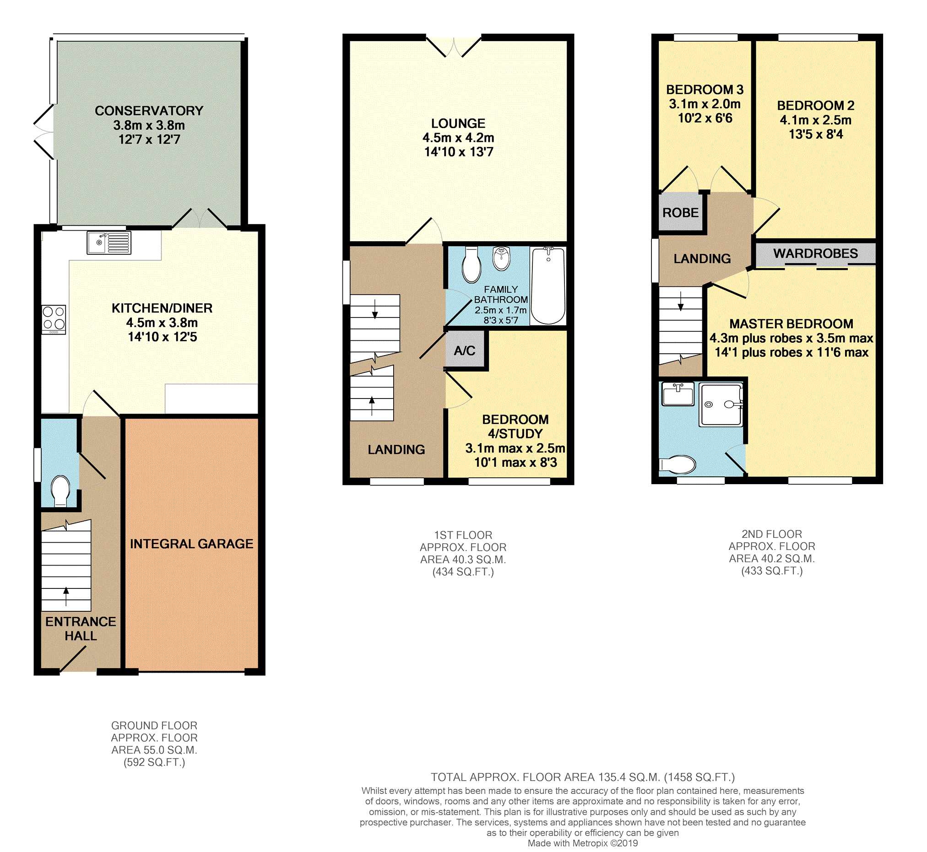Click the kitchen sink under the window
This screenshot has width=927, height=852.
[x=109, y=243]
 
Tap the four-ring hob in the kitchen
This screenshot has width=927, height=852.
[x=54, y=319]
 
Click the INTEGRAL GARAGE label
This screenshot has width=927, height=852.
[x=191, y=544]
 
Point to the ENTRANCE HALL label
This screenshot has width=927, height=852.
[x=80, y=628]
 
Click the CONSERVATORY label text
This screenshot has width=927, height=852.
[x=149, y=111]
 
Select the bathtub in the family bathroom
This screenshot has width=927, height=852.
[x=548, y=286]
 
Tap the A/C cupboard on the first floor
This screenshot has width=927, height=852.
[x=465, y=351]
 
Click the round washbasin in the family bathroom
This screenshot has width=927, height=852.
[x=501, y=258]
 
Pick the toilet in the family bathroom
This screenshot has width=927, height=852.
[x=472, y=266]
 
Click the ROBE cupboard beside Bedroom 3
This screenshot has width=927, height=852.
[x=680, y=212]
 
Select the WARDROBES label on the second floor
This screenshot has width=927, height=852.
[x=815, y=253]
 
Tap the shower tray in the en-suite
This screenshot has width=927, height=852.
[x=721, y=404]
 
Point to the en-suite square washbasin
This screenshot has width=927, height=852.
[x=678, y=394]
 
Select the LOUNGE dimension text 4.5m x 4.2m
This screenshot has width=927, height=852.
[x=458, y=138]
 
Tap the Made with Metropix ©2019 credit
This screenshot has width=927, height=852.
[x=582, y=843]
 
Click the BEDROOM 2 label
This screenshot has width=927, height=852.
[x=815, y=106]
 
